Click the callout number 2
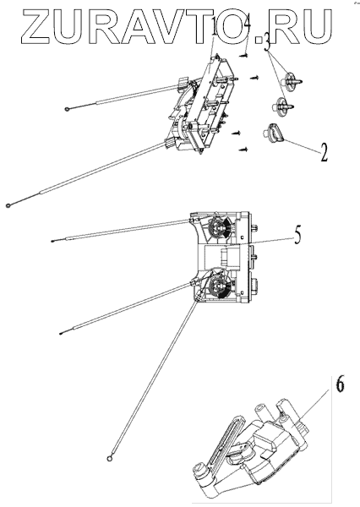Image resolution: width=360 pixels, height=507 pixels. click(x=324, y=152)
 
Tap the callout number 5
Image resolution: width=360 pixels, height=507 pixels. click(x=297, y=234)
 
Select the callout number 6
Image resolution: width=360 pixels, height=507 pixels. click(x=340, y=384)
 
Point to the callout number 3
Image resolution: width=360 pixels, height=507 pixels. click(x=268, y=42)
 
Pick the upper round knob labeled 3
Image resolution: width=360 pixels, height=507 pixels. click(x=292, y=79)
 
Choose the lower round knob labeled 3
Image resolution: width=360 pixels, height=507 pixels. click(x=283, y=106)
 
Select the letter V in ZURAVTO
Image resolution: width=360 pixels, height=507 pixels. click(x=186, y=26)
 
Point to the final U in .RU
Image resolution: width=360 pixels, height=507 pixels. click(x=314, y=26)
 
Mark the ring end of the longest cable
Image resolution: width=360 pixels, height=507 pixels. click(x=110, y=458)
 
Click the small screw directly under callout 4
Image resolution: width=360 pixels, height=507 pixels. click(x=244, y=56)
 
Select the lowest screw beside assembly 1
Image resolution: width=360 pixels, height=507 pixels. click(x=243, y=150)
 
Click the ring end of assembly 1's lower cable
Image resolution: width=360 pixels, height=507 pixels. click(x=8, y=205)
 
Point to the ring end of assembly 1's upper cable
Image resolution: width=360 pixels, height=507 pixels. click(x=67, y=110)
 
